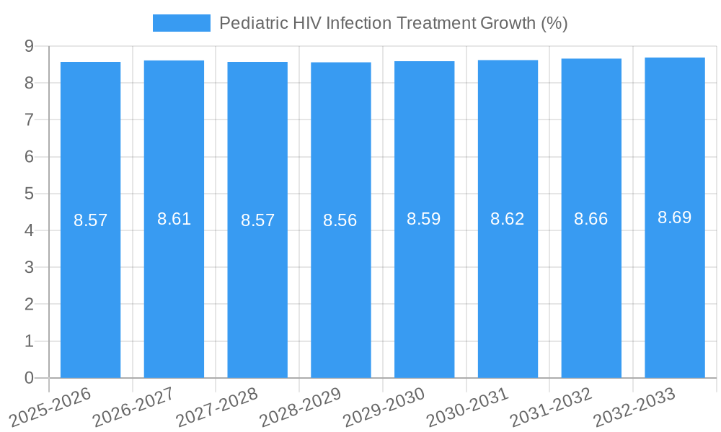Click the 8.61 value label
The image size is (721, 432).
click(x=174, y=220)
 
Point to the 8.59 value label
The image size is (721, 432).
click(x=424, y=220)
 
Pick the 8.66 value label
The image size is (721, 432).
click(x=591, y=220)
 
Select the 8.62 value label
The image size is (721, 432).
click(x=508, y=220)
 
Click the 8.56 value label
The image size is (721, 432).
click(x=340, y=220)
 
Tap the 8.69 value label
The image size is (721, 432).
click(x=675, y=218)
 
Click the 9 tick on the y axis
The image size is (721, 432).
click(x=29, y=46)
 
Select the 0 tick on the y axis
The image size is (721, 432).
click(x=29, y=378)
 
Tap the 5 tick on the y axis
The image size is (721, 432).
click(x=29, y=194)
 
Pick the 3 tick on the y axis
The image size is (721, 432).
click(x=29, y=268)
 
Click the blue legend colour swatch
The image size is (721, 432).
click(x=182, y=23)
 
